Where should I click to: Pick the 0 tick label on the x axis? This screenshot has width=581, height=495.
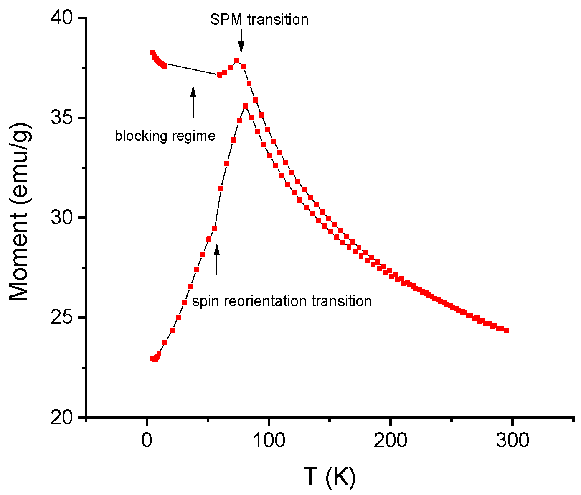click(x=147, y=441)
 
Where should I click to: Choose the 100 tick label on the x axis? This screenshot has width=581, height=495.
click(x=268, y=441)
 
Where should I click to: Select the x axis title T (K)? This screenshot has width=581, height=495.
click(x=330, y=477)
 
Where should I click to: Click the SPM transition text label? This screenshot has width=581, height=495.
click(x=259, y=20)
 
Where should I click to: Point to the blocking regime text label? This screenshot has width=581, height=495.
click(x=165, y=136)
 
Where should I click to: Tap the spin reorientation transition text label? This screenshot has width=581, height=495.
click(x=282, y=301)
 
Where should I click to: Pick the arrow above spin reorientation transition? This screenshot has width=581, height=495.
click(x=217, y=259)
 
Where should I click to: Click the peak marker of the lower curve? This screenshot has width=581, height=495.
click(x=245, y=106)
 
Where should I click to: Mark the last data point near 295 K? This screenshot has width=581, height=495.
click(x=506, y=331)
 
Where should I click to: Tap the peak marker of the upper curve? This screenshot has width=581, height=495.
click(x=237, y=60)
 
